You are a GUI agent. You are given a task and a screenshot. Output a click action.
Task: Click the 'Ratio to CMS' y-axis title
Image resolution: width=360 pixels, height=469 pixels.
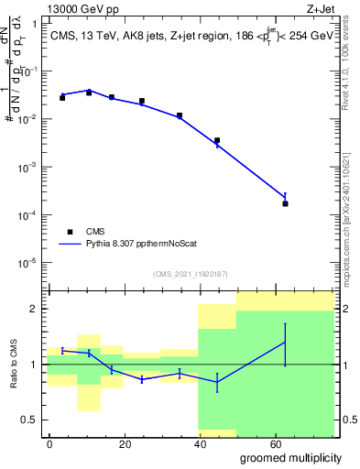point(14,364)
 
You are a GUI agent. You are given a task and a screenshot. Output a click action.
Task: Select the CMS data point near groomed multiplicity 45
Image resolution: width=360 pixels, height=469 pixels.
point(217,140)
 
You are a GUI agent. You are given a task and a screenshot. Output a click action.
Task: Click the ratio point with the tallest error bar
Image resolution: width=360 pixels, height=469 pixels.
point(285,343)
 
